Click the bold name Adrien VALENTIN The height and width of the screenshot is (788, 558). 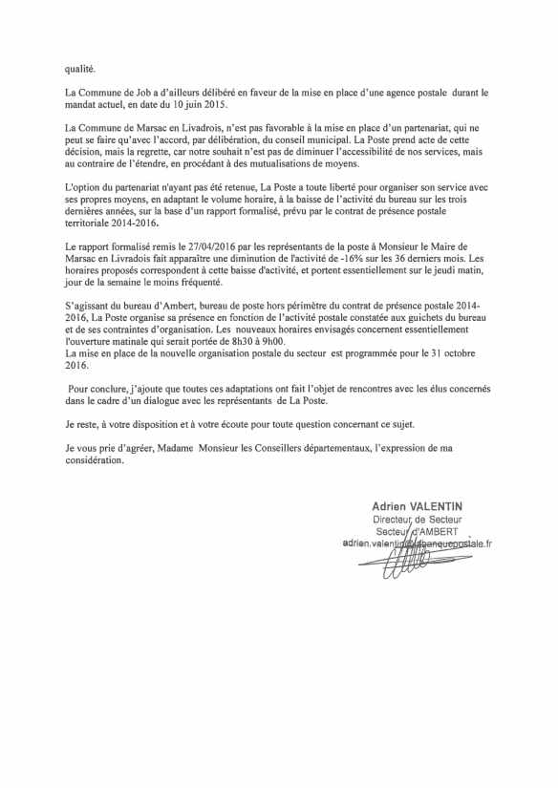[x=417, y=505]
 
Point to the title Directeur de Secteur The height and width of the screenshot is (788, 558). [x=417, y=519]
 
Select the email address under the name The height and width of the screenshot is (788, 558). [x=416, y=543]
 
